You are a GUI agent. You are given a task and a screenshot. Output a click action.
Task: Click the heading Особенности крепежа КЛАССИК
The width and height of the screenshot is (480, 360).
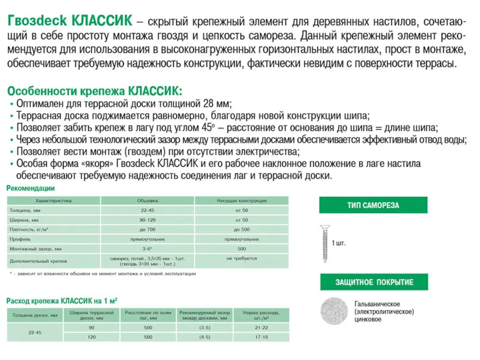coord(93,91)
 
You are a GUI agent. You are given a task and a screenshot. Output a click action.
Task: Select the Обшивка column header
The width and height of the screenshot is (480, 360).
coord(148,201)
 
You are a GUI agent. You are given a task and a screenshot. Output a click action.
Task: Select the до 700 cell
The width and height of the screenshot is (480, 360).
coord(148,229)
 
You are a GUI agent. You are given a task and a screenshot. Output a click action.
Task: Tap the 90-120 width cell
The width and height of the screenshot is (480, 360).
coord(148,220)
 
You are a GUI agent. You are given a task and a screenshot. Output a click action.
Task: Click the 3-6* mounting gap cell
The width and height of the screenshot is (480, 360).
coord(148,248)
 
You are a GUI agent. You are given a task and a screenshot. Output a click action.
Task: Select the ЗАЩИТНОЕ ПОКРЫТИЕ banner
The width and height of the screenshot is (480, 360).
coord(374,282)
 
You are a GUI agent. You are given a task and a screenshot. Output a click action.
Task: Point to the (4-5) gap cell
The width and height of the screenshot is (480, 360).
coord(205,338)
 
